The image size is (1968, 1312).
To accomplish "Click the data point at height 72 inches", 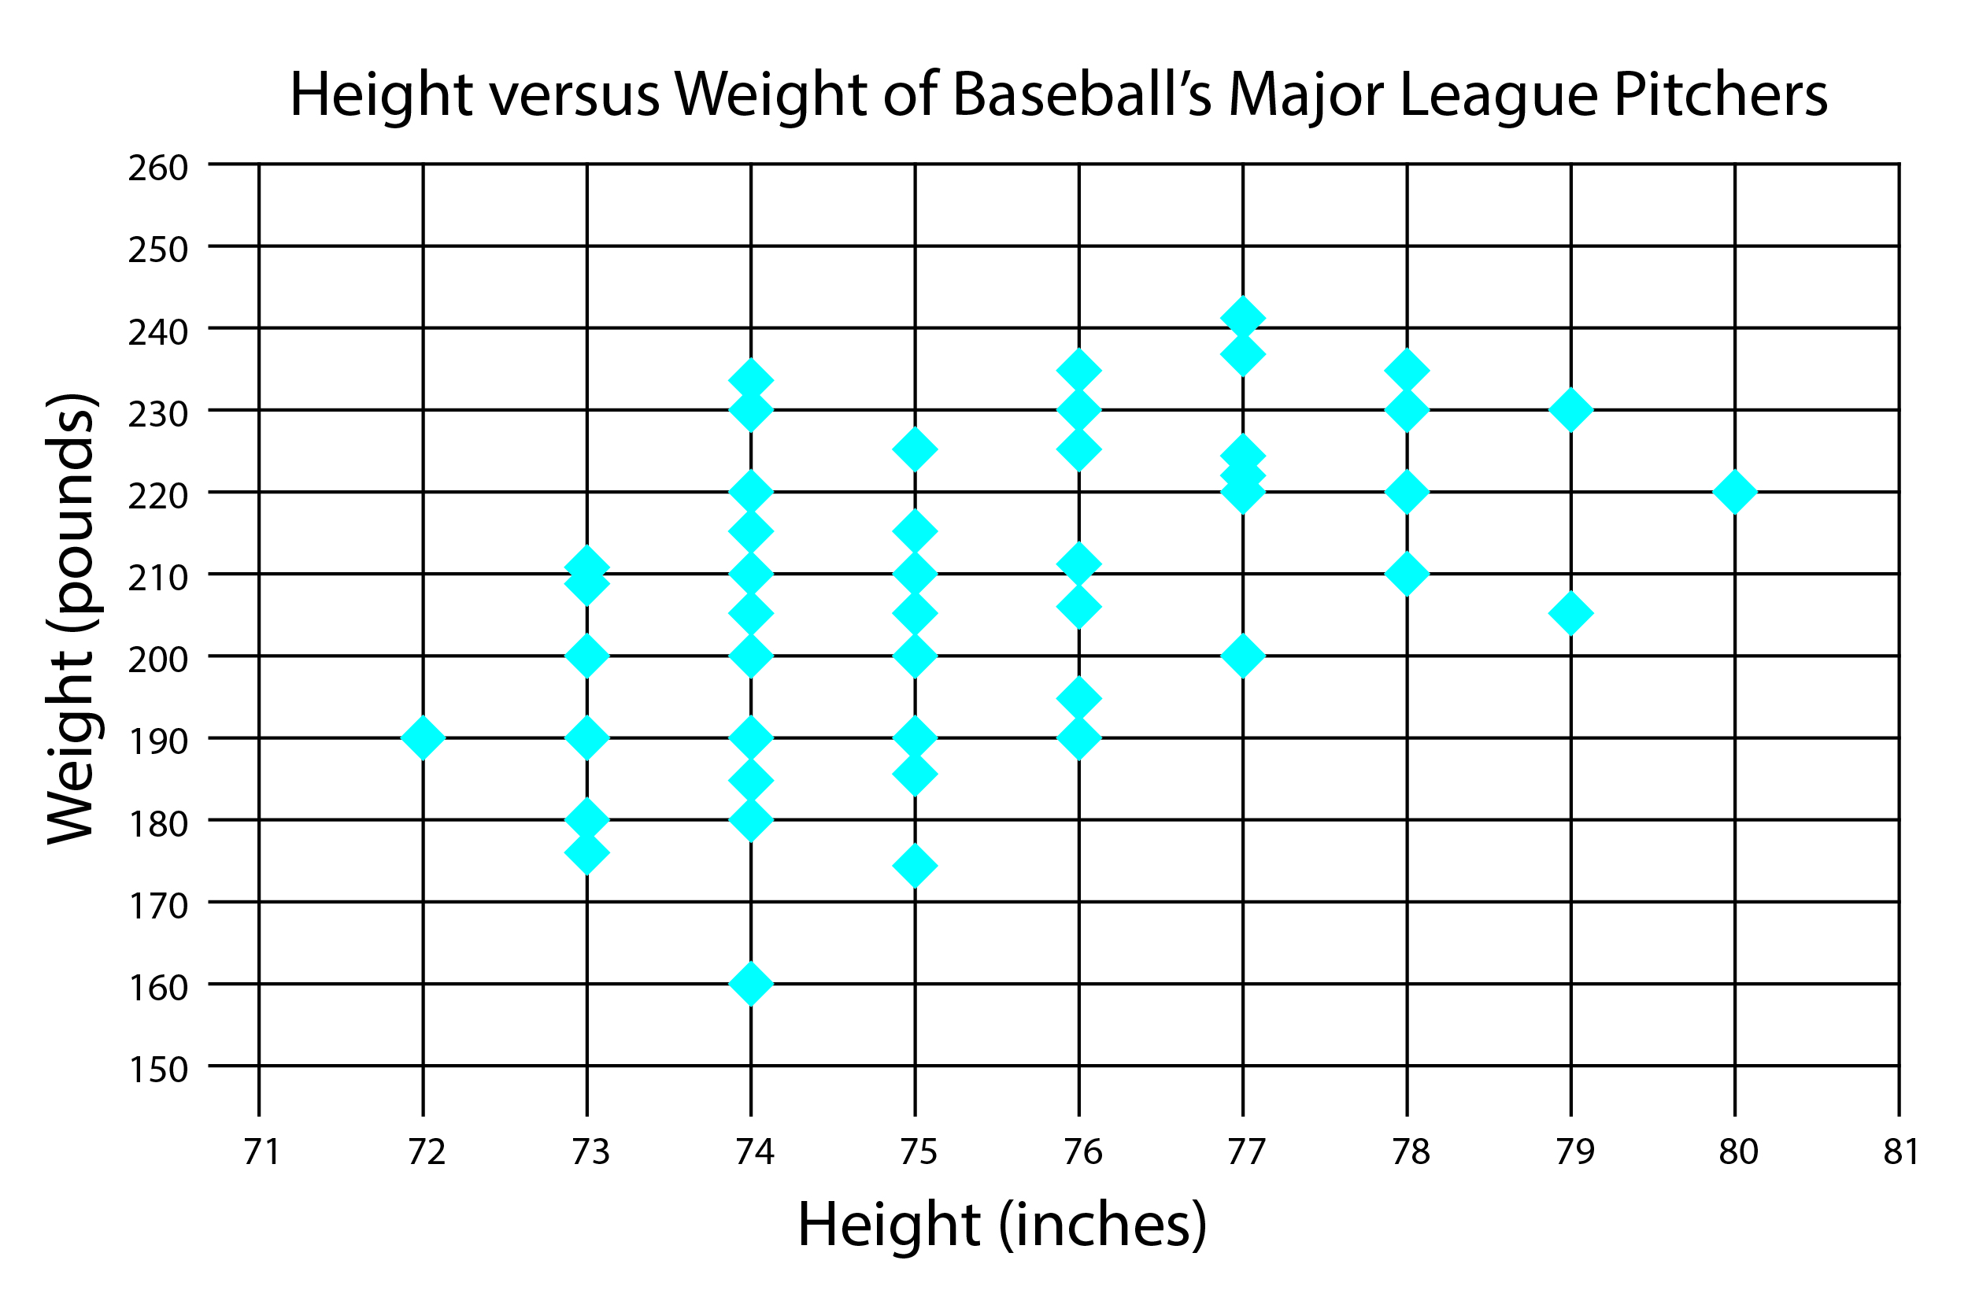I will [x=423, y=737].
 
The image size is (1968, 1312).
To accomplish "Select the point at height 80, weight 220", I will [x=1734, y=491].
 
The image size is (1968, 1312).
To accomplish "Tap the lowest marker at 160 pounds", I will [x=750, y=983].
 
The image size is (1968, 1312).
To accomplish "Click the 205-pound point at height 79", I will [x=1570, y=613].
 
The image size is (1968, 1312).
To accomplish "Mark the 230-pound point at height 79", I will [x=1570, y=409].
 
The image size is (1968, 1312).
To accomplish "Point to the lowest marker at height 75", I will [x=915, y=865].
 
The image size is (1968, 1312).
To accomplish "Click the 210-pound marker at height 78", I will [x=1407, y=573].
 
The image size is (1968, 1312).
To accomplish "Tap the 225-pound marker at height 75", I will [x=915, y=449].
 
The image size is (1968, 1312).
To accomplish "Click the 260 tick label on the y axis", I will [x=157, y=168].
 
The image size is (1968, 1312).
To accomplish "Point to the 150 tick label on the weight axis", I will [x=157, y=1070].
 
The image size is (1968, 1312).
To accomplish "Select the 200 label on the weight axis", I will [x=157, y=660].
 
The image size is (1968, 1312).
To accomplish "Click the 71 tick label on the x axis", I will [x=261, y=1152].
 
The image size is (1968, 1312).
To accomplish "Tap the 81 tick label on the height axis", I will [x=1900, y=1152].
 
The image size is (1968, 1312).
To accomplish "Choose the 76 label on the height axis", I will [x=1082, y=1152].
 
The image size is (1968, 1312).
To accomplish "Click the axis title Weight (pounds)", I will [x=70, y=619].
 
